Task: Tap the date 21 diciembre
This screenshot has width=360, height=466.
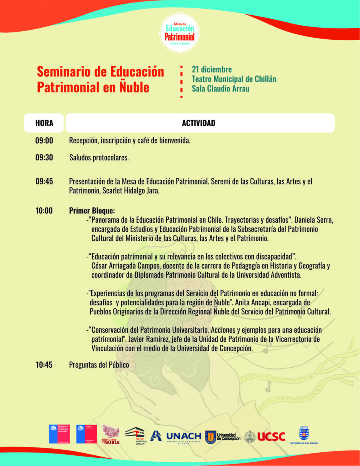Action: pyautogui.click(x=212, y=69)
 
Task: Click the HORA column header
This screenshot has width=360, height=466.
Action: pyautogui.click(x=44, y=123)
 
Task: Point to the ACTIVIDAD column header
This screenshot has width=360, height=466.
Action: pyautogui.click(x=198, y=123)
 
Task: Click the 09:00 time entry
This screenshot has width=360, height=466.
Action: pyautogui.click(x=44, y=141)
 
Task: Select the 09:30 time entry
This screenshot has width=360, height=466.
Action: pyautogui.click(x=44, y=158)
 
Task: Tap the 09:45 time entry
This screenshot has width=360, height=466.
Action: pyautogui.click(x=44, y=182)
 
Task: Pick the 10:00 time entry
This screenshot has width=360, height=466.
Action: pyautogui.click(x=44, y=211)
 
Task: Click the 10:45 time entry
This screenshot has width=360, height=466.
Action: pyautogui.click(x=44, y=365)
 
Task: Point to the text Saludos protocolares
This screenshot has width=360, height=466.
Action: pyautogui.click(x=99, y=158)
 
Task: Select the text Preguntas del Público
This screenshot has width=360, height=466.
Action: pyautogui.click(x=99, y=365)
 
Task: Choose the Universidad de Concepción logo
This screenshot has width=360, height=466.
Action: pyautogui.click(x=223, y=437)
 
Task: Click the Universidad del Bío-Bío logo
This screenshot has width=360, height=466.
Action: pyautogui.click(x=304, y=435)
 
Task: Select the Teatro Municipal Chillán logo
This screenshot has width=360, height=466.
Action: pyautogui.click(x=135, y=435)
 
